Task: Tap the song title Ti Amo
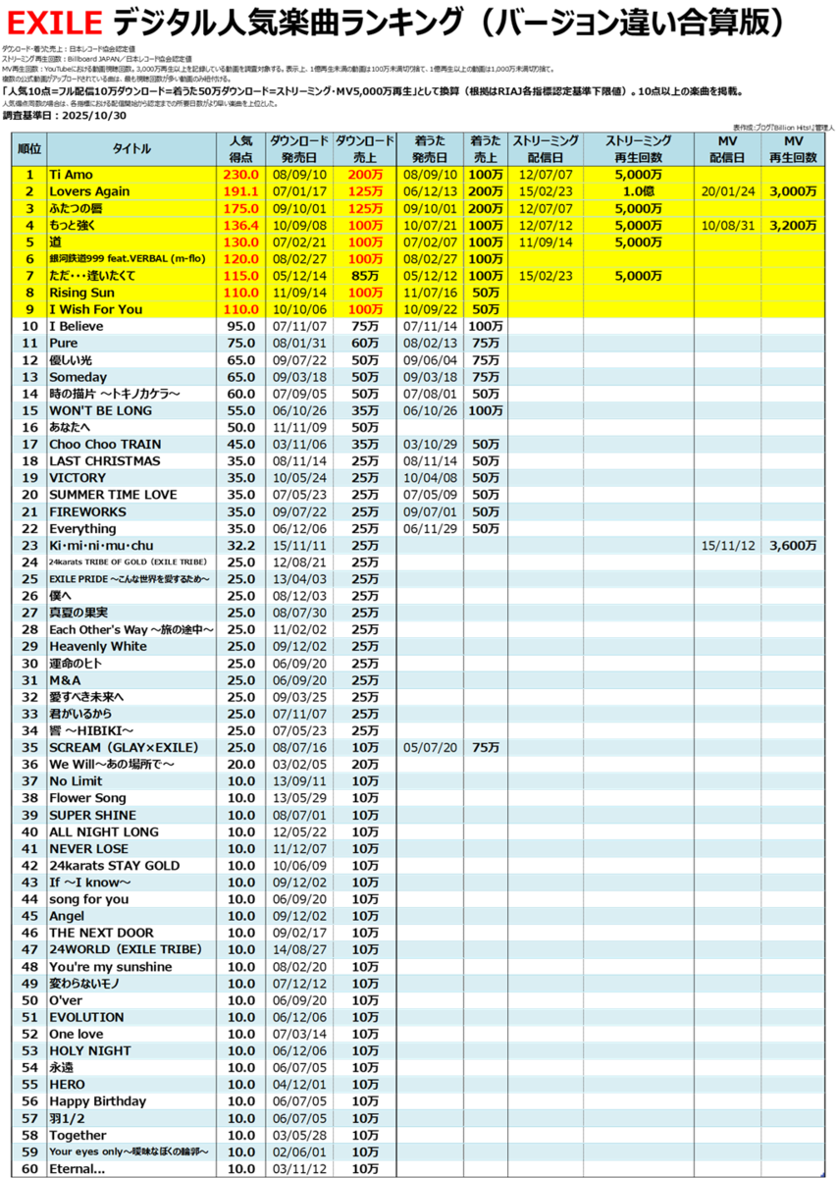70,174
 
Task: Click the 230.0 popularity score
240,174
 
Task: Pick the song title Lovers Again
89,191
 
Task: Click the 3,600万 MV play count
793,545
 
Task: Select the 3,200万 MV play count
793,226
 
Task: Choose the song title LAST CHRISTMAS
104,461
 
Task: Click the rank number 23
29,545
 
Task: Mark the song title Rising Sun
83,293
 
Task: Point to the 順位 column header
29,148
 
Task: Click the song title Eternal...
77,1169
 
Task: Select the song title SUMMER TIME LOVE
113,495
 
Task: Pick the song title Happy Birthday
97,1101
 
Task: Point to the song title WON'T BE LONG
100,410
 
